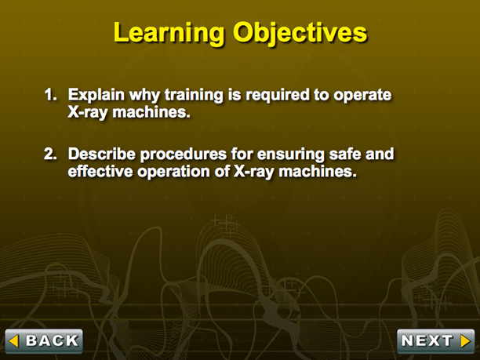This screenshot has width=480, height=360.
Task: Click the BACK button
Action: click(44, 341)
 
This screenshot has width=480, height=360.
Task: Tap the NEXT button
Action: click(435, 341)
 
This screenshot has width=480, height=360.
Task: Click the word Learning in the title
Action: click(169, 33)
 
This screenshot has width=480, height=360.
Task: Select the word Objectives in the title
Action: click(300, 34)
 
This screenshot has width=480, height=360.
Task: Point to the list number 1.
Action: click(50, 95)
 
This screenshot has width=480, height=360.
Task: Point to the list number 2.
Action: click(50, 154)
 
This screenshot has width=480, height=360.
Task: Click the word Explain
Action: click(96, 95)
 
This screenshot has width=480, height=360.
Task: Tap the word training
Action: click(194, 95)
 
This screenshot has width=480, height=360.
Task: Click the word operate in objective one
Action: click(362, 96)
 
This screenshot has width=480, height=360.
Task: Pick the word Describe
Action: click(102, 154)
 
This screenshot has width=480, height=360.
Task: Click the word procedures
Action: click(184, 155)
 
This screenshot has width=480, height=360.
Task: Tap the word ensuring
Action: click(290, 155)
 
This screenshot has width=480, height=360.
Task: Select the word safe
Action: click(344, 154)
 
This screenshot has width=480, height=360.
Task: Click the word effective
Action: click(100, 172)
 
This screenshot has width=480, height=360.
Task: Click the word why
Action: click(144, 96)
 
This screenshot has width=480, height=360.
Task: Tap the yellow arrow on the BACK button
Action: click(14, 341)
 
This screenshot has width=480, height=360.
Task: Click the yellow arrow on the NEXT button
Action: click(465, 341)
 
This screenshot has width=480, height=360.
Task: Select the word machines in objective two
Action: click(318, 172)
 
